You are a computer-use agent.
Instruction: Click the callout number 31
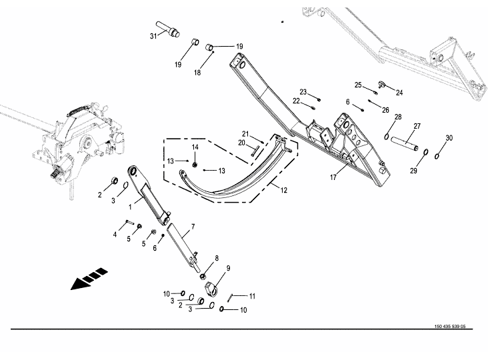point(153,35)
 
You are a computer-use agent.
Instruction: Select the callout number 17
point(333,177)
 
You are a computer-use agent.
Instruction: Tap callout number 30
point(449,137)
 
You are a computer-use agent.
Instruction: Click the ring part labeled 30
point(437,157)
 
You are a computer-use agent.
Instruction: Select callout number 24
point(400,92)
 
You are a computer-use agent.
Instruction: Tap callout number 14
point(195,147)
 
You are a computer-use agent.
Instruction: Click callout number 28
point(397,117)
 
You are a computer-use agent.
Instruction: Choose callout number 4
point(115,234)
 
